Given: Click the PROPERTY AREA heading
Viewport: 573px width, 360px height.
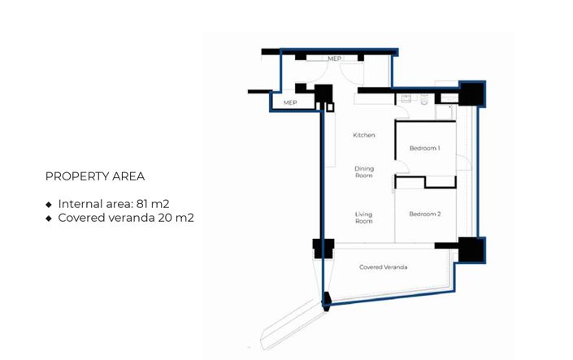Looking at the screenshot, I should [x=95, y=176].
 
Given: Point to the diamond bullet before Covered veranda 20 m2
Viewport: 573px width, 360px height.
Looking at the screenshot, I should [x=49, y=219].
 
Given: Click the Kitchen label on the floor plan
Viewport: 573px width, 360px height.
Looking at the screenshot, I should [x=363, y=135].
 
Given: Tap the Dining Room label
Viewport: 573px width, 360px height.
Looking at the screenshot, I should [x=363, y=171].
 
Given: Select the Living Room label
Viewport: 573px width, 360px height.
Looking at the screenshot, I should [x=363, y=217].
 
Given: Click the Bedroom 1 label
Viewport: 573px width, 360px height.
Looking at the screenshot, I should [x=424, y=149].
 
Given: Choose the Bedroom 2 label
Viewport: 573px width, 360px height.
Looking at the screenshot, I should [x=424, y=214].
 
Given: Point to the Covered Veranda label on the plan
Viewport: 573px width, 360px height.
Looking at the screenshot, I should [x=383, y=267].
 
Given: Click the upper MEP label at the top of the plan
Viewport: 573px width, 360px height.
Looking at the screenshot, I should [x=334, y=59].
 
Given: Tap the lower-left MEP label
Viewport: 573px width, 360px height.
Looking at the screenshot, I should [x=289, y=103].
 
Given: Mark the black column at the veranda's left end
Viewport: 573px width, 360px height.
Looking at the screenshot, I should [x=323, y=248].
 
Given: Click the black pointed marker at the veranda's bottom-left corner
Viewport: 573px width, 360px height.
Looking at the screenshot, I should [x=327, y=300].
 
